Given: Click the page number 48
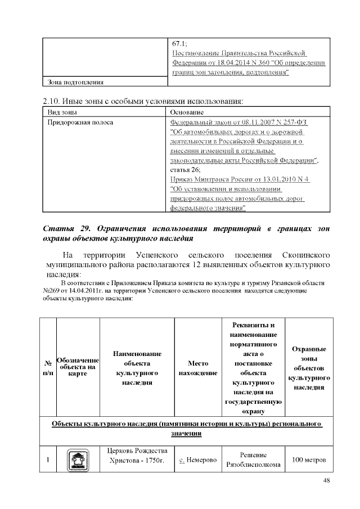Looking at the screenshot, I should pyautogui.click(x=327, y=480).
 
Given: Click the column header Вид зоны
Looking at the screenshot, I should pyautogui.click(x=61, y=112).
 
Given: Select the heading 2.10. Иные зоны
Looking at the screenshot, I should pyautogui.click(x=143, y=102).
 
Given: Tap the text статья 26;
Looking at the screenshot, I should pyautogui.click(x=184, y=169).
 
